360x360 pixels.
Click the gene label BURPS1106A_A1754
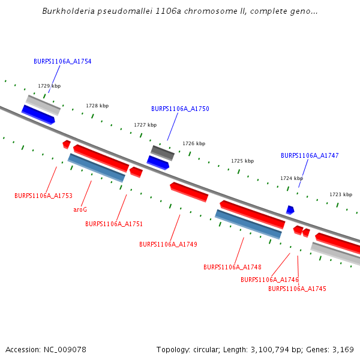pyautogui.click(x=62, y=61)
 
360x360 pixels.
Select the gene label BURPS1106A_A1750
pyautogui.click(x=180, y=109)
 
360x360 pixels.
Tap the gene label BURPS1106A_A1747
pyautogui.click(x=310, y=155)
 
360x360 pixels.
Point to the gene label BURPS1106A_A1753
pyautogui.click(x=43, y=196)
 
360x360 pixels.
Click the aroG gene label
pyautogui.click(x=80, y=209)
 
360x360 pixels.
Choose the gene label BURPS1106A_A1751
pyautogui.click(x=114, y=224)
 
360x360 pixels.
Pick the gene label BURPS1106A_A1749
pyautogui.click(x=168, y=244)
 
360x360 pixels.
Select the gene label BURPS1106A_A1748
pyautogui.click(x=232, y=267)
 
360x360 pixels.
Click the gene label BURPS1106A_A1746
pyautogui.click(x=269, y=280)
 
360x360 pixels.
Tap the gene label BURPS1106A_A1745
pyautogui.click(x=297, y=289)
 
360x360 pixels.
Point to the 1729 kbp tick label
pyautogui.click(x=49, y=86)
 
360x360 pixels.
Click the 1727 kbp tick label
pyautogui.click(x=145, y=125)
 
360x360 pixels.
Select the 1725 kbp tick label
pyautogui.click(x=242, y=161)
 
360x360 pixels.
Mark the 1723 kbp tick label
pyautogui.click(x=341, y=194)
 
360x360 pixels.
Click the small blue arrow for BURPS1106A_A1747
pyautogui.click(x=290, y=210)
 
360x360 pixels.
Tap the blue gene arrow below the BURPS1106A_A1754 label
pyautogui.click(x=38, y=114)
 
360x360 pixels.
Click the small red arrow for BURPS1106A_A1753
pyautogui.click(x=67, y=144)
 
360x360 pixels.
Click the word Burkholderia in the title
pyautogui.click(x=70, y=11)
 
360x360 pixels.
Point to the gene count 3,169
pyautogui.click(x=342, y=349)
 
